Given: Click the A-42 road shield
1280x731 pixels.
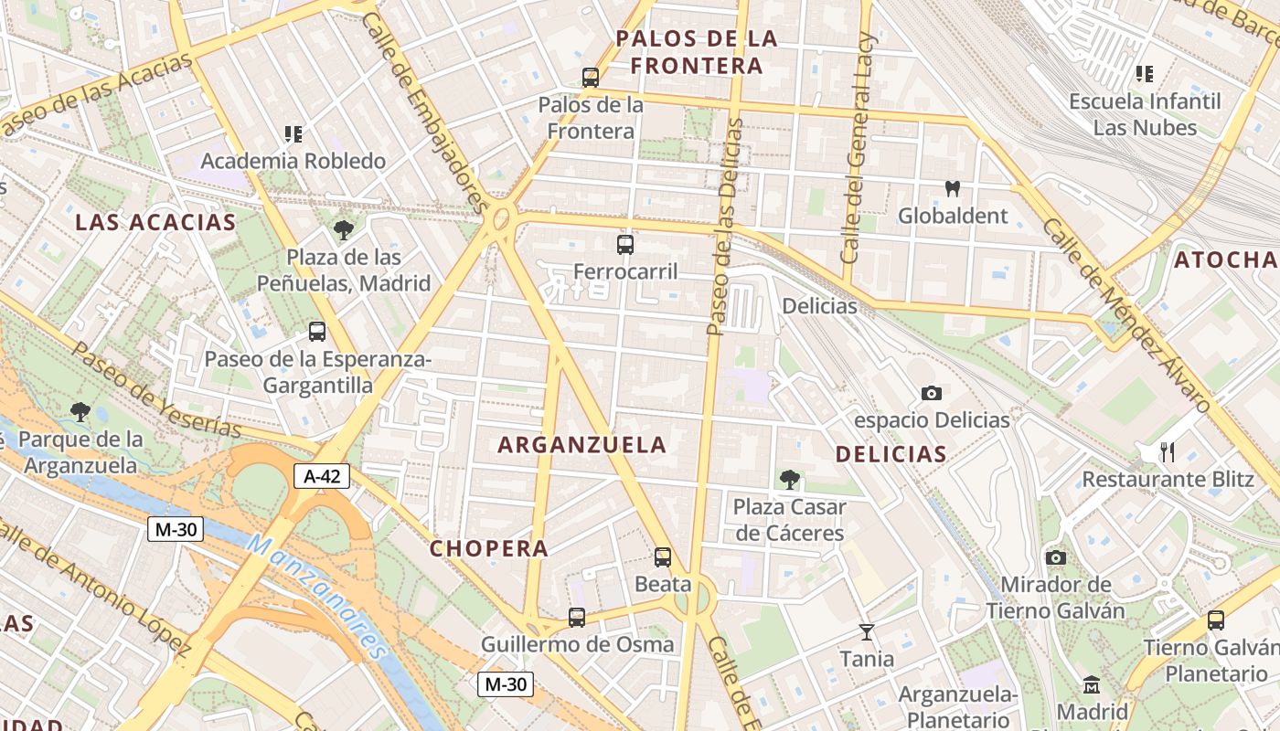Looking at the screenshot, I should point(322,475).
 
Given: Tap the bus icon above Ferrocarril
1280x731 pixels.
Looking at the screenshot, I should point(625,244).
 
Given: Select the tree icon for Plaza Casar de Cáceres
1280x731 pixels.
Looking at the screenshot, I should point(789,479).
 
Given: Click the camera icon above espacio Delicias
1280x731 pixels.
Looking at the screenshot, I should point(932,393).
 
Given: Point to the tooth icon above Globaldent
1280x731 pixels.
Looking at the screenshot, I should point(953,189).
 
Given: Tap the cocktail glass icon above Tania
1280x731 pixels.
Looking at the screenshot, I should point(867,631).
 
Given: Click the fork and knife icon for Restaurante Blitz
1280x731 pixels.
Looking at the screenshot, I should point(1167,451).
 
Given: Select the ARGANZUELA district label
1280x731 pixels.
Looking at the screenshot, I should point(582,445).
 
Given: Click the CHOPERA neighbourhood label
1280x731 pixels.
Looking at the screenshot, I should point(489,548).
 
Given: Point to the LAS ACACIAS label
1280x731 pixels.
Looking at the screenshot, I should point(155,222).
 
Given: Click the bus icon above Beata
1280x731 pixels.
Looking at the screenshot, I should point(663,556).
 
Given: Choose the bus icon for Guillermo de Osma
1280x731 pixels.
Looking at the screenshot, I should point(577,618).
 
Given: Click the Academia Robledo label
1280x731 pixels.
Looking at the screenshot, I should point(293,161).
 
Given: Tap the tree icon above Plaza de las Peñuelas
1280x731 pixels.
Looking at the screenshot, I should point(344,230).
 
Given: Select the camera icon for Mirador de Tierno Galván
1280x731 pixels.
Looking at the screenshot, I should point(1056,557).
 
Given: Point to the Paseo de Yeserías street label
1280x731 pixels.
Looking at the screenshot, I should point(157,390).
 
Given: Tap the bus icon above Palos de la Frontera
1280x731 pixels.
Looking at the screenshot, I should point(591,78).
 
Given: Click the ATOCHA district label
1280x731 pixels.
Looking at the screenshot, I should point(1226,260).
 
